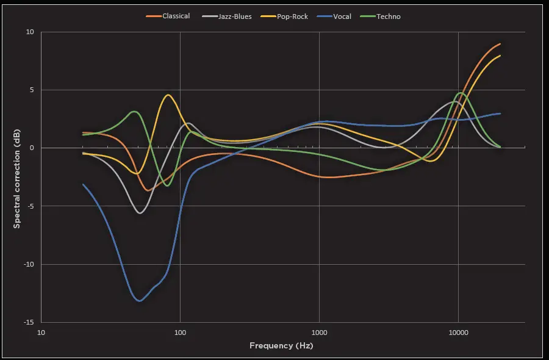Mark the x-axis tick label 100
pyautogui.click(x=180, y=333)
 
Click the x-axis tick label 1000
pyautogui.click(x=319, y=333)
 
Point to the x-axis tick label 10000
pyautogui.click(x=458, y=333)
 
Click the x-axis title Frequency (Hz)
pyautogui.click(x=281, y=345)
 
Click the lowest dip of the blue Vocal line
pyautogui.click(x=140, y=301)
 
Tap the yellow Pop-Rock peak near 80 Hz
pyautogui.click(x=168, y=95)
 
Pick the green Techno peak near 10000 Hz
pyautogui.click(x=461, y=93)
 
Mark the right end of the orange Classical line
pyautogui.click(x=500, y=44)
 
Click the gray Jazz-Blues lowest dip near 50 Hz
pyautogui.click(x=140, y=213)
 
